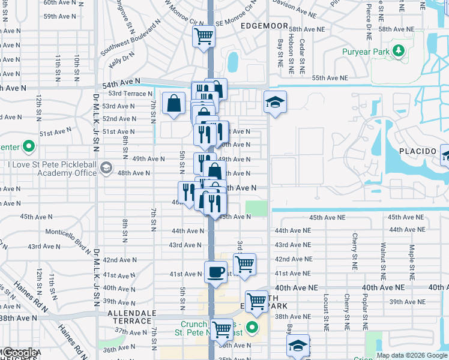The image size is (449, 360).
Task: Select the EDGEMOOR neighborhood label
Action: click(x=262, y=26)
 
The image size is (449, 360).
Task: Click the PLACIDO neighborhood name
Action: click(x=418, y=151)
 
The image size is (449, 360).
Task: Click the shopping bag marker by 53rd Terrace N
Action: click(x=173, y=102)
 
